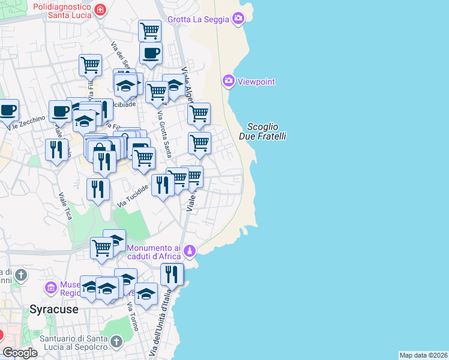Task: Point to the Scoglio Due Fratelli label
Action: [262, 131]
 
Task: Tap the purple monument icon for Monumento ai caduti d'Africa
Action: [190, 250]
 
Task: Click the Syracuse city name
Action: [54, 310]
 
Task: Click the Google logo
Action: [20, 353]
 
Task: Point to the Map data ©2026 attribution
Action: [423, 355]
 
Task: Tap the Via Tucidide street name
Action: [133, 196]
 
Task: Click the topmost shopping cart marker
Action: [149, 29]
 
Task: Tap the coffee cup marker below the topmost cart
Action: [151, 52]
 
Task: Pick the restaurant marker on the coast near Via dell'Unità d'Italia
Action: [172, 274]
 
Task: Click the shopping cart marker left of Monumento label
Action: [101, 247]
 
